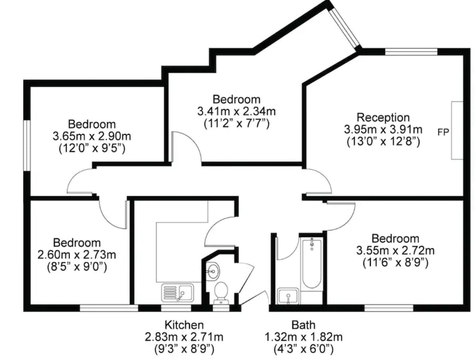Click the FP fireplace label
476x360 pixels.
(x=443, y=132)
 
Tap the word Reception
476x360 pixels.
(x=383, y=117)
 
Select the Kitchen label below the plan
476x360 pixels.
(x=184, y=325)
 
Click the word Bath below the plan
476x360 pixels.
(x=303, y=325)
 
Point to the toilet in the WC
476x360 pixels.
(x=221, y=293)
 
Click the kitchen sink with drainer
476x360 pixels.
(x=178, y=293)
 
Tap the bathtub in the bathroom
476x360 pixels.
(x=311, y=264)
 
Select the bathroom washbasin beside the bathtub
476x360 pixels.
(x=288, y=297)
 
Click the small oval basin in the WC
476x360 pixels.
(x=212, y=270)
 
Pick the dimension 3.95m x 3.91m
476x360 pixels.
(x=383, y=130)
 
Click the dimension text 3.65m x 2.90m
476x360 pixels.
(x=92, y=136)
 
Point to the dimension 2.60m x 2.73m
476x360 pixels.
(x=77, y=255)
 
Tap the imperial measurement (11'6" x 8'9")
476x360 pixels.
(x=395, y=263)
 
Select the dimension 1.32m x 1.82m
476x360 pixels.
(x=303, y=337)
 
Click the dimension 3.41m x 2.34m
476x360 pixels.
(x=237, y=111)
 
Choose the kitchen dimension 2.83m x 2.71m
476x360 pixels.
(x=184, y=337)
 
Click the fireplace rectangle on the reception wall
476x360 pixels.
(x=457, y=130)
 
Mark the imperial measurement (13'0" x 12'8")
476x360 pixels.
(x=383, y=142)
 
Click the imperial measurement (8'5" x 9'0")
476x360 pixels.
(x=77, y=267)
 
